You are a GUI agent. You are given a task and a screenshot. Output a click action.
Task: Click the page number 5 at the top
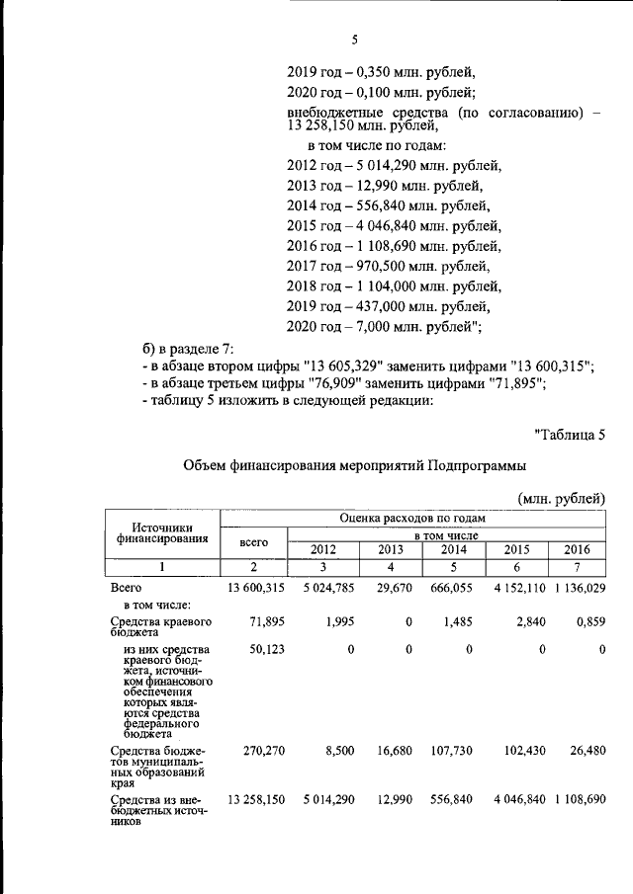click(x=354, y=40)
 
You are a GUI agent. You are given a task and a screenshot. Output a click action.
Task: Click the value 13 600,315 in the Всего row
click(x=256, y=589)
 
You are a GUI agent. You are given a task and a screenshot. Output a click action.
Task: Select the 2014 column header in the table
click(x=454, y=549)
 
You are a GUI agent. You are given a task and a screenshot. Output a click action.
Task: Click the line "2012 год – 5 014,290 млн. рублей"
click(x=394, y=165)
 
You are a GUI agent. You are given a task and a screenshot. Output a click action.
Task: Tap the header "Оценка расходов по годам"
click(x=411, y=518)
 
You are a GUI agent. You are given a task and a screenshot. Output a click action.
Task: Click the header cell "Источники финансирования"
click(x=162, y=533)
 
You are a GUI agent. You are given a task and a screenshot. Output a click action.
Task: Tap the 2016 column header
click(x=576, y=549)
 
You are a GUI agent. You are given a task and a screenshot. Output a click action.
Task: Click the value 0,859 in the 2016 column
click(x=588, y=619)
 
